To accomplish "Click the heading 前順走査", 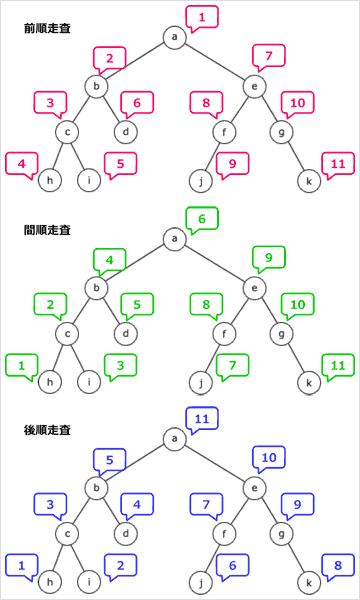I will click(47, 29).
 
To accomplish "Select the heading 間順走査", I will click(47, 229).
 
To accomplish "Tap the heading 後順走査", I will click(47, 429).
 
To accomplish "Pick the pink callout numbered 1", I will click(202, 16).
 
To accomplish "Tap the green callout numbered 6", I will click(202, 217).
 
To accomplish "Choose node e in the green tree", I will click(256, 288).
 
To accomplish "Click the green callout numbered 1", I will click(21, 365).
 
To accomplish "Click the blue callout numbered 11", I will click(202, 418).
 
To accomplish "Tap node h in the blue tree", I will click(44, 581).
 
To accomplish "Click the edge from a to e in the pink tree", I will click(215, 61).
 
